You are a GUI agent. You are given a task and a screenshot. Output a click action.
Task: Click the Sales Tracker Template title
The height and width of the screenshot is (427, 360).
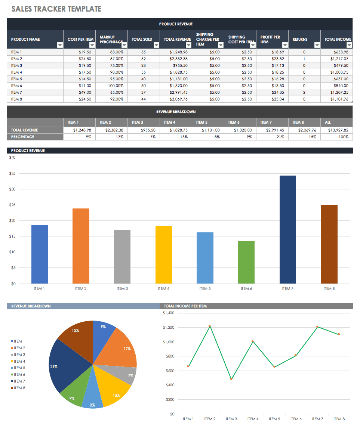click(x=56, y=9)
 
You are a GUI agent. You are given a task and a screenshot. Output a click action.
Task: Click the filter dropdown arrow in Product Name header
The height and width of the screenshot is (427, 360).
click(x=60, y=45)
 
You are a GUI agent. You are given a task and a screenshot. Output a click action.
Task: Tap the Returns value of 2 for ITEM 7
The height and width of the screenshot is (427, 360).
click(x=304, y=92)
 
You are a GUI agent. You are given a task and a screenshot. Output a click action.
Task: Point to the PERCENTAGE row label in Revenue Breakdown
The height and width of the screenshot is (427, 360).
click(x=22, y=137)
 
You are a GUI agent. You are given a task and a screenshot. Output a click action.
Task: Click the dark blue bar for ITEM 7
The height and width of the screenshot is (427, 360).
click(x=287, y=229)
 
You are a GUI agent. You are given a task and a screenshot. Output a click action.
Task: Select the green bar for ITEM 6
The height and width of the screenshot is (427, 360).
click(x=246, y=262)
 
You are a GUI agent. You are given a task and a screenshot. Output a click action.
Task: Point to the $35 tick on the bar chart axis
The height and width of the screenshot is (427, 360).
click(x=12, y=173)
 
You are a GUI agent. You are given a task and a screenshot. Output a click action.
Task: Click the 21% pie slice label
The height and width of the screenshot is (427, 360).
click(x=54, y=366)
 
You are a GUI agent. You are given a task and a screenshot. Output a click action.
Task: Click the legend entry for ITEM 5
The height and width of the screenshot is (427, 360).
click(x=19, y=368)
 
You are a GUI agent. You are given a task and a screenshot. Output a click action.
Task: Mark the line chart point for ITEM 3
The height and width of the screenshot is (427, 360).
click(x=231, y=379)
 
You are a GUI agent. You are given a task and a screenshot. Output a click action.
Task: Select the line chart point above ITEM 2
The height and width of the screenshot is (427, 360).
click(x=209, y=326)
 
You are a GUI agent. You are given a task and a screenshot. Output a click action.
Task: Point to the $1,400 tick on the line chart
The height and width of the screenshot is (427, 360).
click(x=169, y=313)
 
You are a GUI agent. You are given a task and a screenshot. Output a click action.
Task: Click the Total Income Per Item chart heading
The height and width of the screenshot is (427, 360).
click(x=185, y=306)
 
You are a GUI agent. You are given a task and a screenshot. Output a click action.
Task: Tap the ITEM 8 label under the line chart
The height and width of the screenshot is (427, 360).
click(x=339, y=419)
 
